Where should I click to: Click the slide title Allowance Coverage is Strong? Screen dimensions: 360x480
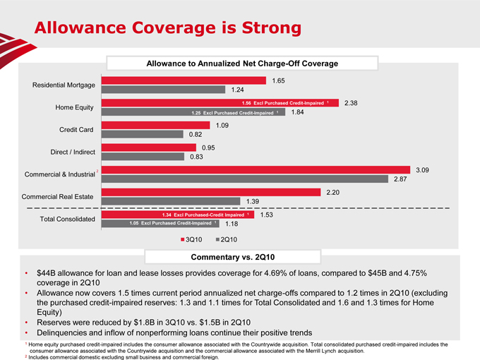tap(168, 28)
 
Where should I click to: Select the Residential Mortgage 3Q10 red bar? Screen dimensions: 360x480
tap(184, 80)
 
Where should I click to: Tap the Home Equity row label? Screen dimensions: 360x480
tap(76, 107)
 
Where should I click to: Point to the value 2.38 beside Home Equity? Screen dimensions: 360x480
tap(352, 103)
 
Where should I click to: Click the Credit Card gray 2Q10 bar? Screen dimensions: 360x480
tap(142, 134)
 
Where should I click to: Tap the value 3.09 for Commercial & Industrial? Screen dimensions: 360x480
tap(424, 170)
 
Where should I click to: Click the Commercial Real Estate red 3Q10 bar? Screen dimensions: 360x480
tap(211, 192)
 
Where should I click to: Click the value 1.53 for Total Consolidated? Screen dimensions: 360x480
tap(267, 215)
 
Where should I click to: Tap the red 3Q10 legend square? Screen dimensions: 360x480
tap(182, 239)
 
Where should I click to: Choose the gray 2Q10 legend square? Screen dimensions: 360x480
tap(217, 239)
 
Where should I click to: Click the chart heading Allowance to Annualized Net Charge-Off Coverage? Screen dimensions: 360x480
tap(242, 64)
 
